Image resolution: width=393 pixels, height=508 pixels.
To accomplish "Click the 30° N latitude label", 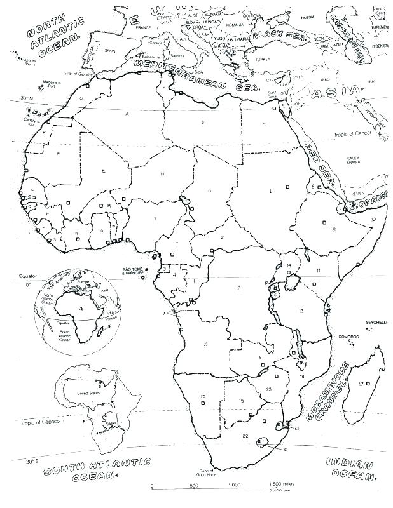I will pos(25,98).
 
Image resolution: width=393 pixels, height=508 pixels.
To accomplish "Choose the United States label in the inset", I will pos(89,394).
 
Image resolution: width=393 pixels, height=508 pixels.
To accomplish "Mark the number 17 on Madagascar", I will pos(361,384).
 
